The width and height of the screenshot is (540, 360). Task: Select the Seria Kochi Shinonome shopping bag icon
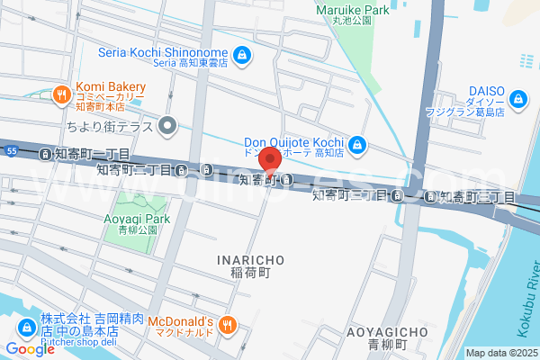[242, 56]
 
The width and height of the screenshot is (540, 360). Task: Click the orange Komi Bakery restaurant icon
[60, 93]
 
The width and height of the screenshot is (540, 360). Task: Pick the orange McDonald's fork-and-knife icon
[229, 325]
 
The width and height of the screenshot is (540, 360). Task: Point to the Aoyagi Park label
[143, 219]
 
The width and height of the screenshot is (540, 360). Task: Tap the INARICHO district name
[251, 259]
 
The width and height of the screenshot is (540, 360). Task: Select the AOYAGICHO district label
[378, 332]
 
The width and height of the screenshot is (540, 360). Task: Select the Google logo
[30, 349]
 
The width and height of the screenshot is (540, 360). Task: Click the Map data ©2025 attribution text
[501, 353]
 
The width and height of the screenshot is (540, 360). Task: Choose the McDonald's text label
[180, 321]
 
